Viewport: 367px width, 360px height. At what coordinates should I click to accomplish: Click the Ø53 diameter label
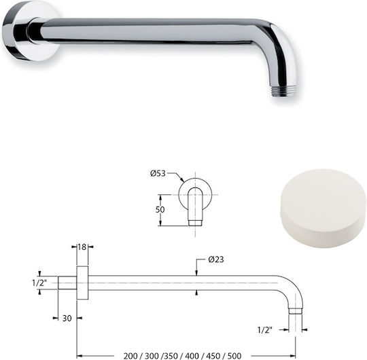point(158,173)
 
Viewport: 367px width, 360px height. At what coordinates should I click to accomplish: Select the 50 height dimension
point(160,210)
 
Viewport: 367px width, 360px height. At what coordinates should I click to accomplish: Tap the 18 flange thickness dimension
point(82,247)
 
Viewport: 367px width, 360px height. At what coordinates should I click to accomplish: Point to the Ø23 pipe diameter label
point(216,259)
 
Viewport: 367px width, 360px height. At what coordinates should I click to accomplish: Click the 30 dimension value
point(67,319)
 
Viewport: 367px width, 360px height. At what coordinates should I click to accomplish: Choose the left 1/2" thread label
point(39,283)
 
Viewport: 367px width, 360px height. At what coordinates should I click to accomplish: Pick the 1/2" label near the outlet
point(265,330)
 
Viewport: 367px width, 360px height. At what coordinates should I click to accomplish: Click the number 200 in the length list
point(130,356)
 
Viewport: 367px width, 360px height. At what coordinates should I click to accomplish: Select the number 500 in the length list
point(234,356)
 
